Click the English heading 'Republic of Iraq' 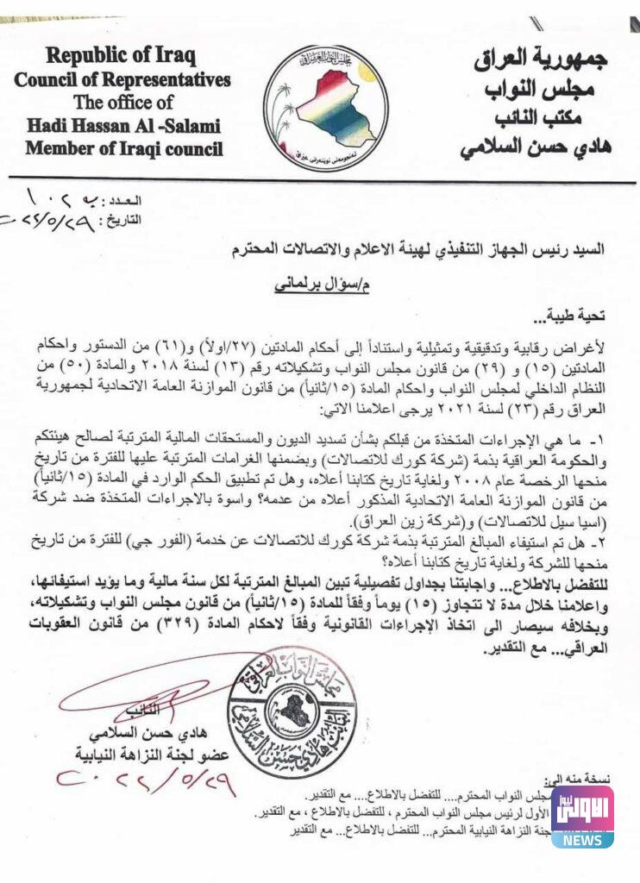point(122,58)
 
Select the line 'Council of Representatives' point(122,80)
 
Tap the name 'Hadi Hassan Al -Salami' point(122,125)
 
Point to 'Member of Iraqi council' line point(123,148)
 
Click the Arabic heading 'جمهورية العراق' point(540,60)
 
